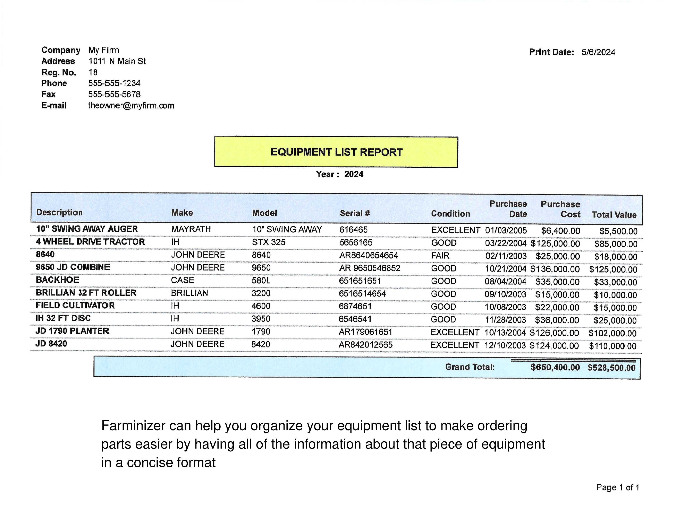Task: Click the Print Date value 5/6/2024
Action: tap(598, 52)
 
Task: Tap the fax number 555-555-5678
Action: tap(114, 94)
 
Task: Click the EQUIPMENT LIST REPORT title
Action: tap(336, 152)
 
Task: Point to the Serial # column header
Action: tap(355, 213)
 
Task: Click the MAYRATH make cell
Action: tap(191, 229)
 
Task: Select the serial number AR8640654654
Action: tap(368, 255)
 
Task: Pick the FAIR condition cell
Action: tap(440, 256)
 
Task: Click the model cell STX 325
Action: tap(269, 242)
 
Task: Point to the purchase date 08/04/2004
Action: tap(505, 282)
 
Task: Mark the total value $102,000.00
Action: tap(612, 333)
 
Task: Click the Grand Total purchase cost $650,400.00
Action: tap(555, 367)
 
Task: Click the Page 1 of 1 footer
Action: tap(617, 488)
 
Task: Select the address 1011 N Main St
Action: tap(117, 61)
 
